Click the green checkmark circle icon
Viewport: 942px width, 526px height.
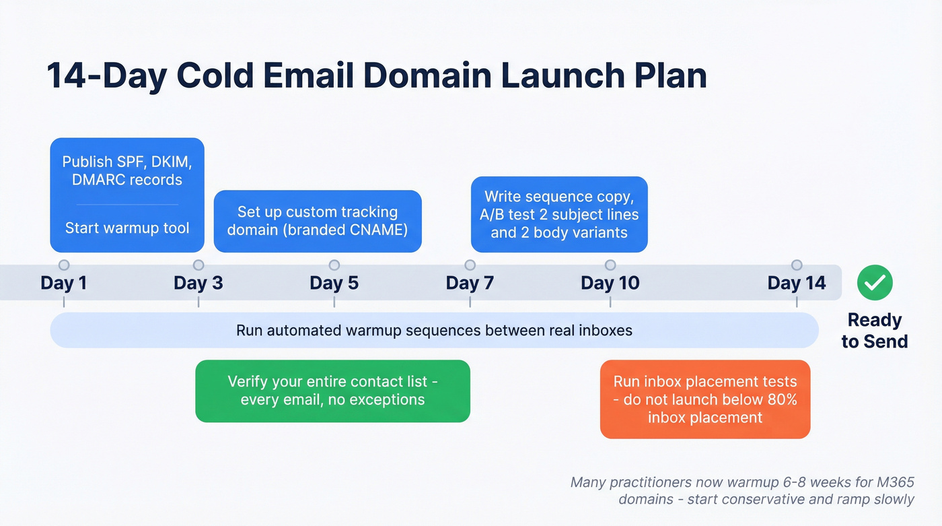pyautogui.click(x=875, y=283)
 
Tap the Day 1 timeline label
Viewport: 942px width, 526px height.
pyautogui.click(x=63, y=283)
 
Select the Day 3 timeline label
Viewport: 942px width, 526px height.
pyautogui.click(x=198, y=283)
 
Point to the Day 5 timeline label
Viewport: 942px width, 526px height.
pyautogui.click(x=334, y=283)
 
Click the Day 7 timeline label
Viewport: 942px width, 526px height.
pyautogui.click(x=470, y=283)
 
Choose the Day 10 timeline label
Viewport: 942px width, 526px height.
pyautogui.click(x=610, y=283)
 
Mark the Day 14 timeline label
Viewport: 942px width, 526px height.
pyautogui.click(x=797, y=283)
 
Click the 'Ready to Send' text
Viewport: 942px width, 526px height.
pyautogui.click(x=874, y=331)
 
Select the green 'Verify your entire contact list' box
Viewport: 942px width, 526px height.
pyautogui.click(x=332, y=391)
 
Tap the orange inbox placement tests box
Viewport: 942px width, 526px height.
pyautogui.click(x=704, y=399)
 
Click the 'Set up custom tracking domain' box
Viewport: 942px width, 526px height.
pyautogui.click(x=318, y=221)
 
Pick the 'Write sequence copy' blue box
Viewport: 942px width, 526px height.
pyautogui.click(x=558, y=215)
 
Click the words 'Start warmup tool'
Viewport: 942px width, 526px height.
pyautogui.click(x=127, y=228)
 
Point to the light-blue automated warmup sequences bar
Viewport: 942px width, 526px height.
pyautogui.click(x=434, y=331)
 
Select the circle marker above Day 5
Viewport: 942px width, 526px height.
pyautogui.click(x=334, y=265)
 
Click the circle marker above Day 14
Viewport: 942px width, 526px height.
pyautogui.click(x=797, y=265)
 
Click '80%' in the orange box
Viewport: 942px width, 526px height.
pyautogui.click(x=780, y=399)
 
